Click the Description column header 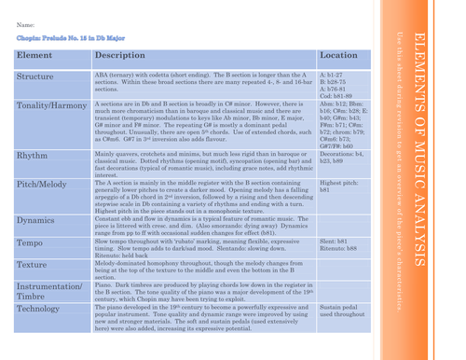(121, 56)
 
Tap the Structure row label (35, 76)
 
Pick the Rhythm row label (33, 156)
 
